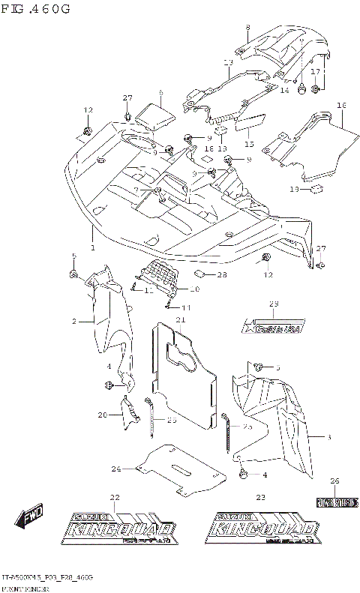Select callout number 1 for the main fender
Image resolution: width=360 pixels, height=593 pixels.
click(93, 247)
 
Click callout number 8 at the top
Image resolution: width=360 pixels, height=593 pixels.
click(247, 28)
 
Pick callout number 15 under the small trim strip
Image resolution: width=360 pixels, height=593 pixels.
click(248, 145)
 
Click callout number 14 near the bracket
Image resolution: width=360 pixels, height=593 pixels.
click(284, 90)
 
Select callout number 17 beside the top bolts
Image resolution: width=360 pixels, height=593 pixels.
click(316, 72)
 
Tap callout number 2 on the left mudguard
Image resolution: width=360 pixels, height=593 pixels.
click(74, 321)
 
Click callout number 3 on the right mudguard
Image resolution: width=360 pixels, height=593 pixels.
click(329, 436)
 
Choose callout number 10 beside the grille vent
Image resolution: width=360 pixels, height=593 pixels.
click(195, 289)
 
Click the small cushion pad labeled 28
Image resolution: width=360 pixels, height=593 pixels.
click(200, 274)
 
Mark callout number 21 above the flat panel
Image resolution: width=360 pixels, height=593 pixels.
click(181, 320)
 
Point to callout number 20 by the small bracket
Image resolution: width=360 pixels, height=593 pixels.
click(103, 415)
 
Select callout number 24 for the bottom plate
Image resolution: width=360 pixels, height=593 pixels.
click(116, 469)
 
